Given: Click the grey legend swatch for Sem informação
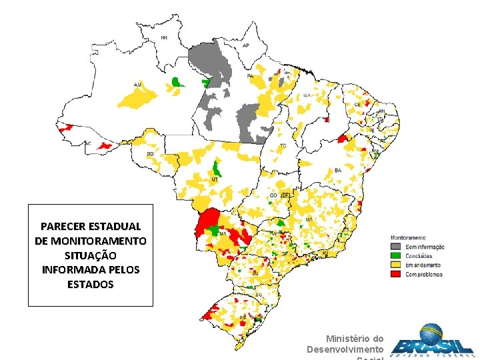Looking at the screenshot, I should tap(395, 247).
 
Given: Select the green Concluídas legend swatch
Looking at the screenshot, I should tap(395, 255).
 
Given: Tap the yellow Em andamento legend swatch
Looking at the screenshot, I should tap(395, 264).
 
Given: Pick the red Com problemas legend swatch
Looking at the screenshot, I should tap(395, 273).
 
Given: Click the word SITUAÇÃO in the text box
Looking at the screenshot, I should tap(91, 255).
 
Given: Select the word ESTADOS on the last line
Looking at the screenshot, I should tap(91, 285).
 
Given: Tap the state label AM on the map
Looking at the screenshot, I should tap(137, 84).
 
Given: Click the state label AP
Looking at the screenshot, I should tap(245, 45).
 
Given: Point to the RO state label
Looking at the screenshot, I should tap(150, 154).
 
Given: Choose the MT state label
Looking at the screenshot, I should tap(215, 180).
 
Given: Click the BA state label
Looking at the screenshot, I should tap(338, 171).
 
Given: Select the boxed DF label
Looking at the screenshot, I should tap(285, 195).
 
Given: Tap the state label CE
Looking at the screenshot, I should tap(357, 105).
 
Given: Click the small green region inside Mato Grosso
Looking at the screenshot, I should tap(216, 168).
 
